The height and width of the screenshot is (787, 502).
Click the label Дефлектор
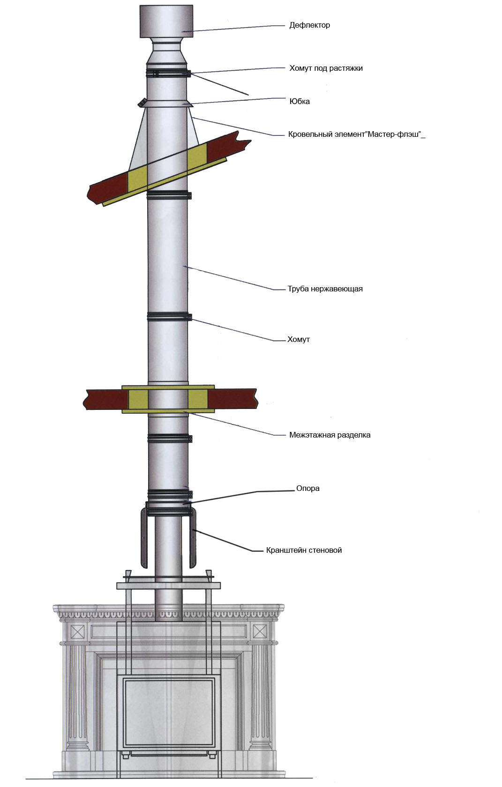tap(310, 25)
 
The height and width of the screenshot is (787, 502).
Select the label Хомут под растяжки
tap(326, 68)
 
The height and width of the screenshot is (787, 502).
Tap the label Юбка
tap(300, 102)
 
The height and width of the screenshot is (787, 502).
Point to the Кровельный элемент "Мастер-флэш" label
tap(356, 134)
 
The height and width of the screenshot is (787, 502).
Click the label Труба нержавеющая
tap(325, 289)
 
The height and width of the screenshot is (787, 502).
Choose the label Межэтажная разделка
tap(330, 435)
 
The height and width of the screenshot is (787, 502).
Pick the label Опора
tap(307, 488)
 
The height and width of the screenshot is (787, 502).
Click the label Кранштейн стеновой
tap(304, 550)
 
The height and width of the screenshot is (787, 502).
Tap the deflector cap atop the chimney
tap(166, 21)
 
